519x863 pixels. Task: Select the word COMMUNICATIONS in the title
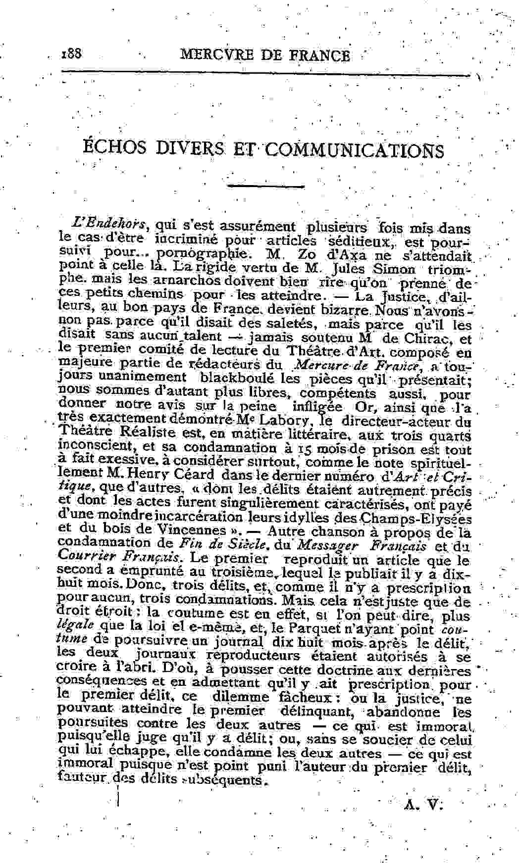coord(355,150)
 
